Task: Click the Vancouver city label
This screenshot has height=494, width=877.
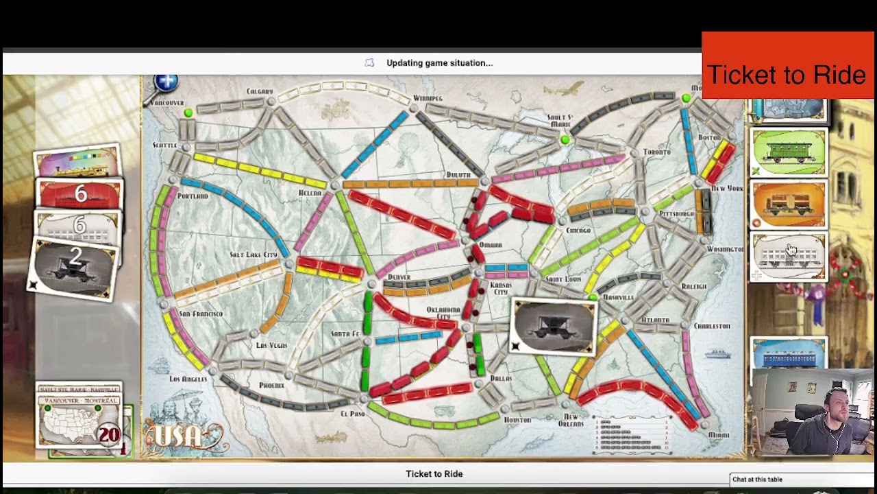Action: click(x=166, y=103)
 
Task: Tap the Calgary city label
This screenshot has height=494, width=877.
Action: click(x=260, y=91)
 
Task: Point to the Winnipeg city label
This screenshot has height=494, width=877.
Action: click(x=428, y=98)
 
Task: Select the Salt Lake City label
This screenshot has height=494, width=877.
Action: click(x=254, y=255)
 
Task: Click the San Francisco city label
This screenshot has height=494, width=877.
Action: click(x=201, y=314)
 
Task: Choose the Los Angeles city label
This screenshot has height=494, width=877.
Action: click(x=188, y=379)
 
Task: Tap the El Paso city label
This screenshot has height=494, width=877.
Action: click(x=352, y=414)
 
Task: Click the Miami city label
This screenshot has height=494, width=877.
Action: click(x=719, y=434)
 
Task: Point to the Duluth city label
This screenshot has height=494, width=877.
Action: click(x=458, y=175)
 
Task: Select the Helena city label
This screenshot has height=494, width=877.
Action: click(x=310, y=193)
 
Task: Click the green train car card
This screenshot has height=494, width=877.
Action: click(x=788, y=152)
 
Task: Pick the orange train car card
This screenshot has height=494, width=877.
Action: click(x=788, y=204)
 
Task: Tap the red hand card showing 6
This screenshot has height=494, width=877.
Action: click(x=80, y=195)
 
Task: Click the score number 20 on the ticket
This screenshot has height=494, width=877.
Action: click(x=109, y=434)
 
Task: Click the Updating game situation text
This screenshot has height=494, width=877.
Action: click(x=439, y=63)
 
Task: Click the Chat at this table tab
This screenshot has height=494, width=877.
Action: click(x=757, y=480)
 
